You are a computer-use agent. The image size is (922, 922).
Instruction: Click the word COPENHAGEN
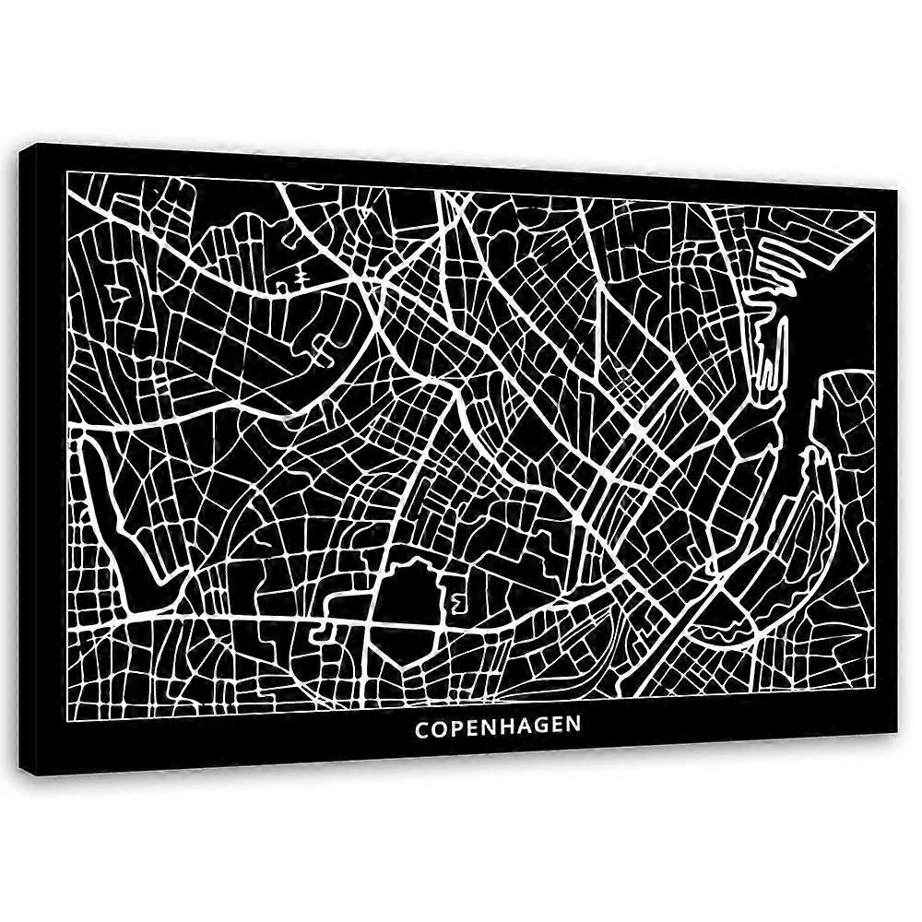click(498, 726)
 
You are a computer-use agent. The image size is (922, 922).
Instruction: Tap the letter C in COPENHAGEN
click(421, 727)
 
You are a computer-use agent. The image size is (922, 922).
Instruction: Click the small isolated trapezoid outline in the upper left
click(120, 293)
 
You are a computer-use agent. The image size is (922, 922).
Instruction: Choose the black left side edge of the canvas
click(32, 461)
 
